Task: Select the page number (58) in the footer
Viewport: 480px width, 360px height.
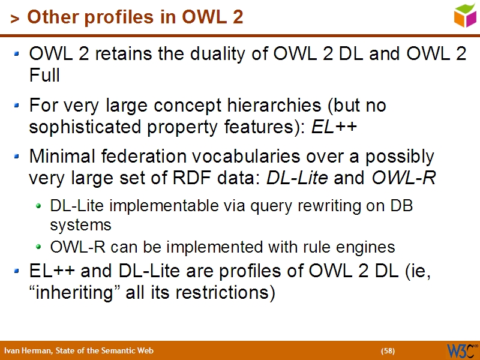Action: click(388, 351)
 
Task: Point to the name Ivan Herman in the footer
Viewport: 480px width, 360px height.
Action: click(25, 351)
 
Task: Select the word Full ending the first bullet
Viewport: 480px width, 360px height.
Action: click(44, 76)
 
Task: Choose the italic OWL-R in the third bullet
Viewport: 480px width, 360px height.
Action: click(404, 179)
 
